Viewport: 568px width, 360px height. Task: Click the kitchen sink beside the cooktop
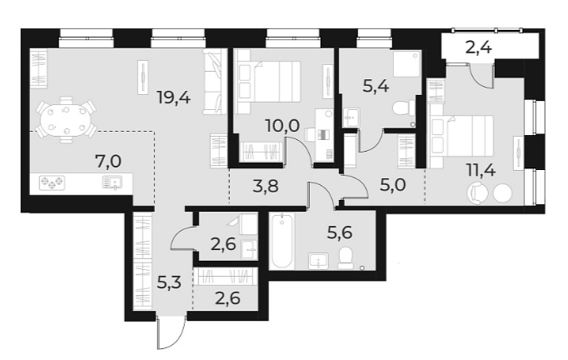click(111, 182)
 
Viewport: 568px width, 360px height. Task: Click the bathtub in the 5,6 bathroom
click(282, 242)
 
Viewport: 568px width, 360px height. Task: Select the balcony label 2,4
click(478, 47)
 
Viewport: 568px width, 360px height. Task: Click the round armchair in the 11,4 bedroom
click(477, 192)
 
